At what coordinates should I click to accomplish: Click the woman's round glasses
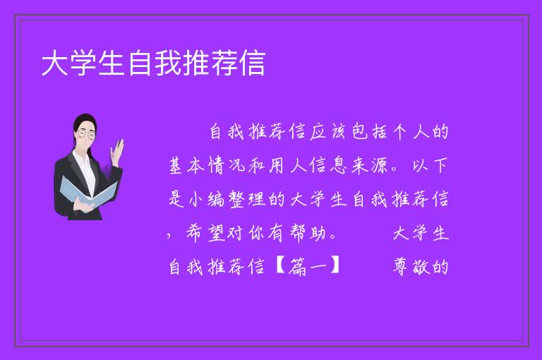(x=86, y=135)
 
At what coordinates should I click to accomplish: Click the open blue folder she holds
(x=88, y=192)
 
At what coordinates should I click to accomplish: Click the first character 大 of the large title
(x=55, y=63)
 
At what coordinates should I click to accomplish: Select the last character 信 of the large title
(x=253, y=63)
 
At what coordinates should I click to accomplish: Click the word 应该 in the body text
(x=327, y=131)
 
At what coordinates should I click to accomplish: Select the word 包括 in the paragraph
(x=369, y=131)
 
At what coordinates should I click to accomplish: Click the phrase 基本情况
(x=207, y=165)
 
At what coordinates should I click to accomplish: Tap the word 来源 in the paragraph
(x=369, y=165)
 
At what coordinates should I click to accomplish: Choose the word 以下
(x=430, y=165)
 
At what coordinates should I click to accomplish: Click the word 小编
(x=207, y=199)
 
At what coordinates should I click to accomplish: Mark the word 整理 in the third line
(x=248, y=199)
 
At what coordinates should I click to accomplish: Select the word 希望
(x=206, y=233)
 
